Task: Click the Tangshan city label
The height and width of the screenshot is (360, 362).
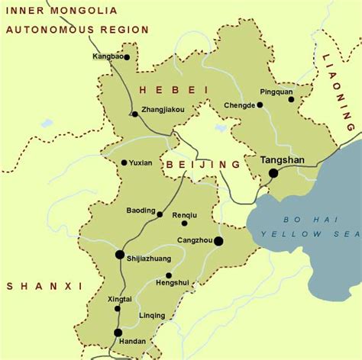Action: point(282,160)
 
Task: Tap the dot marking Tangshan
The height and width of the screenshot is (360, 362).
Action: point(273,173)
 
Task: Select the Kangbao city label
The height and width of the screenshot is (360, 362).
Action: point(107,57)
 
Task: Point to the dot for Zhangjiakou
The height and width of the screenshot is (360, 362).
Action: point(134,114)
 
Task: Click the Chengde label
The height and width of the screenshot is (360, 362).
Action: point(239,105)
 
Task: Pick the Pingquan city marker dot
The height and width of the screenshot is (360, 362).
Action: point(291,99)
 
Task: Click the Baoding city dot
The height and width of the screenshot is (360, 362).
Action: point(159,214)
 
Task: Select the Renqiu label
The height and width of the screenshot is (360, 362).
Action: point(184,214)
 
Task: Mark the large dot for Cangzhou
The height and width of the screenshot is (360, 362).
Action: point(218,241)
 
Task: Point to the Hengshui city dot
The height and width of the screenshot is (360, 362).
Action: point(169,275)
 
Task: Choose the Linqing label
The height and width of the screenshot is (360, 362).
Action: point(151,315)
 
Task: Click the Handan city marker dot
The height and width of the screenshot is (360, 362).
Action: point(118,333)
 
